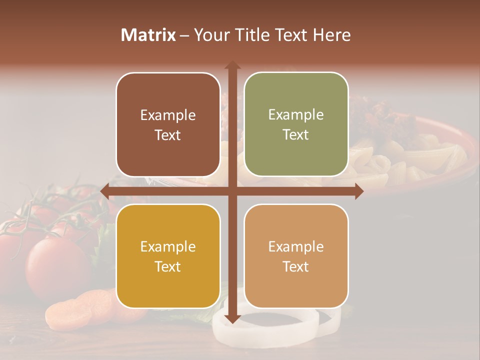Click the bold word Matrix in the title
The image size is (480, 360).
pyautogui.click(x=148, y=35)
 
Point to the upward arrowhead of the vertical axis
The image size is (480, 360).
pyautogui.click(x=232, y=65)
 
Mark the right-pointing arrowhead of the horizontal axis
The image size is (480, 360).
pyautogui.click(x=358, y=191)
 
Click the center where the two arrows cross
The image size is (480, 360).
pyautogui.click(x=232, y=191)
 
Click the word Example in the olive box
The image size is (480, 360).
pyautogui.click(x=296, y=115)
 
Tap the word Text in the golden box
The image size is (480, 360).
pyautogui.click(x=168, y=266)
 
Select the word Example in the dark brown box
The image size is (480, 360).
pyautogui.click(x=168, y=115)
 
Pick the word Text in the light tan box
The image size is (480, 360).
pyautogui.click(x=296, y=266)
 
